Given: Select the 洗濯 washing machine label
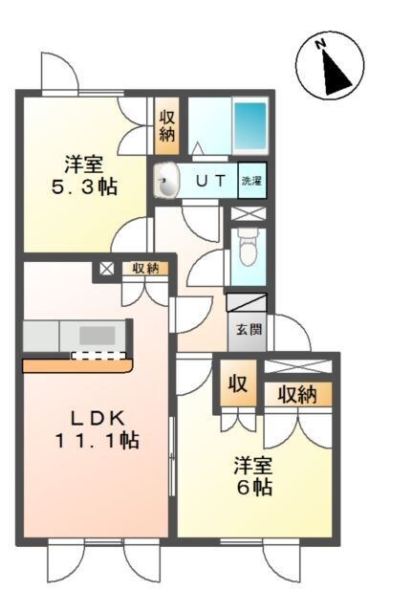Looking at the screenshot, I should click(250, 180).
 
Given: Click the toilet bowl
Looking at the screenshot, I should click(249, 251).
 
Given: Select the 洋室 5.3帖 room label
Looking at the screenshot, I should click(84, 174).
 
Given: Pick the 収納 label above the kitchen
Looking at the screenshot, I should click(145, 269).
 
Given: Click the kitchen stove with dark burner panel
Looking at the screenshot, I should click(96, 335).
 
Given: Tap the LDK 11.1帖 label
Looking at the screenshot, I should click(95, 429).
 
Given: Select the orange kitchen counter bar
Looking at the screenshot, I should click(76, 365).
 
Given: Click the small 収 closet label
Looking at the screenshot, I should click(237, 385).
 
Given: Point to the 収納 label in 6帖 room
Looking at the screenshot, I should click(297, 393).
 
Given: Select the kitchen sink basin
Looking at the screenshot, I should click(41, 336).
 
